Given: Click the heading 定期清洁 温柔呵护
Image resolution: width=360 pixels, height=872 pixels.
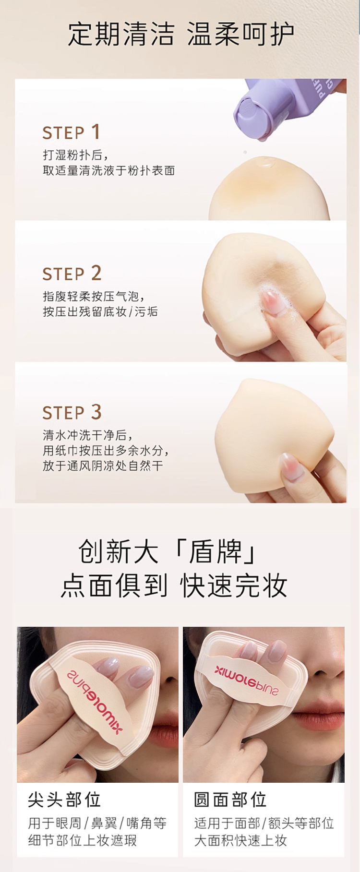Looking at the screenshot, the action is pyautogui.click(x=180, y=34).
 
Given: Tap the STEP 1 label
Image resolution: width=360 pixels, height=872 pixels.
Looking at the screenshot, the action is pyautogui.click(x=71, y=132).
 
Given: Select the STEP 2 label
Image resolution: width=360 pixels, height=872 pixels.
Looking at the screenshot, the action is pyautogui.click(x=72, y=274).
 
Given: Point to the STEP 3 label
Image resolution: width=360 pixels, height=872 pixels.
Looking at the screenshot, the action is pyautogui.click(x=72, y=412).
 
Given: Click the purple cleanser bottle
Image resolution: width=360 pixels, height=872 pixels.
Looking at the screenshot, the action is pyautogui.click(x=288, y=108).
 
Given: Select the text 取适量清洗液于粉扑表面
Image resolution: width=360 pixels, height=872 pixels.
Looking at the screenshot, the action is pyautogui.click(x=108, y=170).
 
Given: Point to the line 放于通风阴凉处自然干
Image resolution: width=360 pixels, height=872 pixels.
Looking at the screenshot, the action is pyautogui.click(x=103, y=466).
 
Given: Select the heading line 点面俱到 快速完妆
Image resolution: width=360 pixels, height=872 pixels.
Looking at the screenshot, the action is pyautogui.click(x=174, y=585).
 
